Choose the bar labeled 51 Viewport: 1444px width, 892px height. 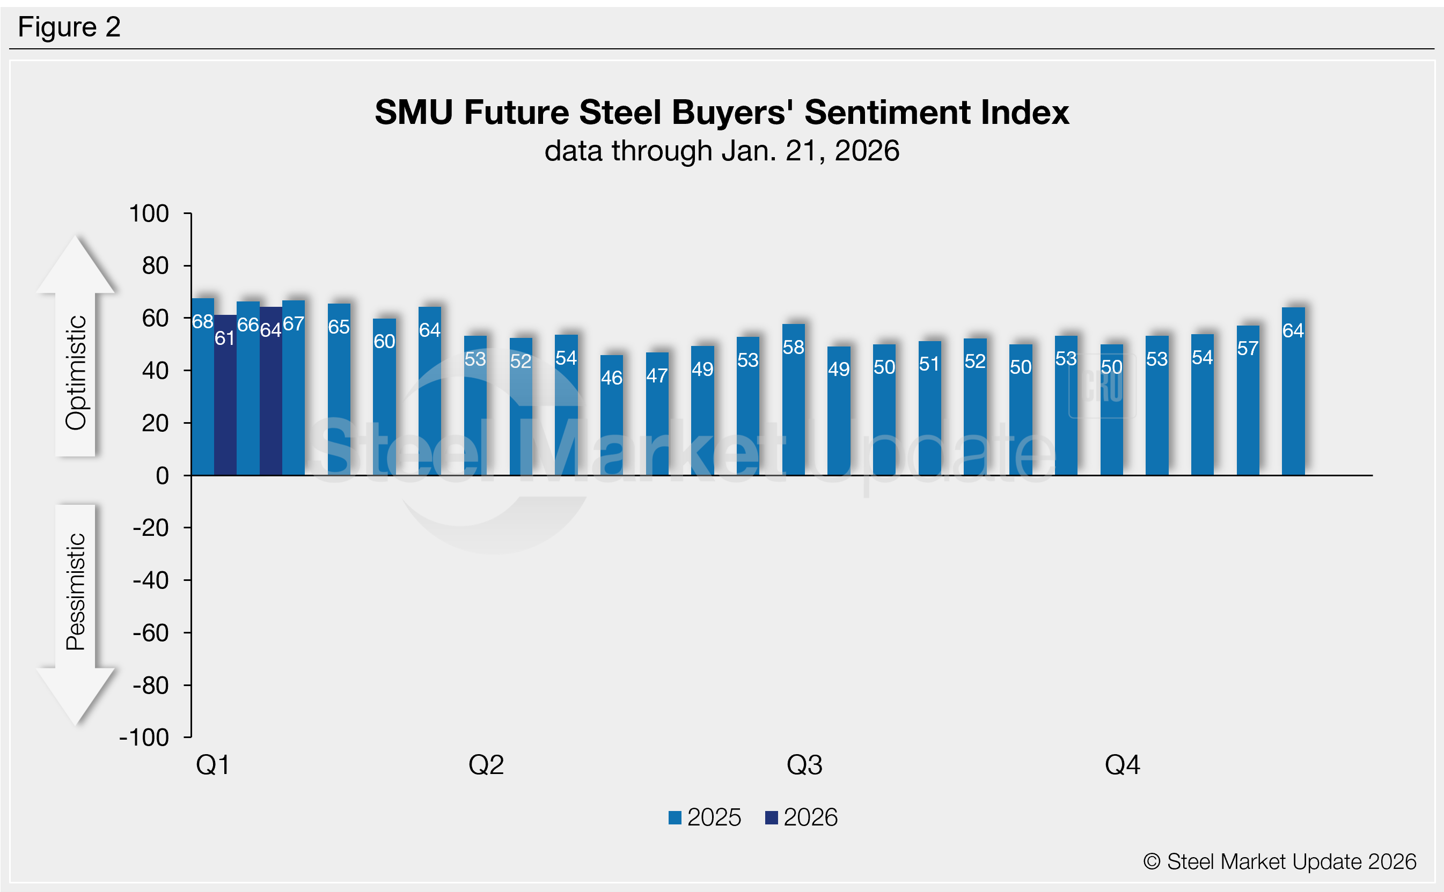(x=929, y=408)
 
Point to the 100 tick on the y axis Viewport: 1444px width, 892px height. (x=149, y=213)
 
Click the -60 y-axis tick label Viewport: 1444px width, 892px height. (x=151, y=633)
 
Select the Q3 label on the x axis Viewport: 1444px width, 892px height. (x=804, y=765)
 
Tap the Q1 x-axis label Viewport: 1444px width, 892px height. (x=213, y=765)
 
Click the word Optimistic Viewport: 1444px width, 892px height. (x=76, y=372)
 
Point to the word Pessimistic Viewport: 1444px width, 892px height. (x=76, y=592)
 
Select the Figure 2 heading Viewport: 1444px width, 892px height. (x=69, y=27)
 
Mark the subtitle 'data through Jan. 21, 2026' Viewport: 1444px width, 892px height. (x=722, y=151)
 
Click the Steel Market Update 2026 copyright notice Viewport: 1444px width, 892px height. (x=1279, y=862)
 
